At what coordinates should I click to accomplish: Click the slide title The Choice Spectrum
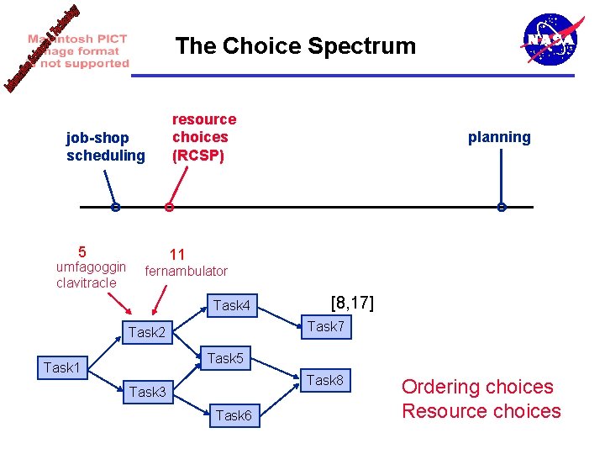[295, 46]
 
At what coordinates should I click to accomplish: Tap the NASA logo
[550, 40]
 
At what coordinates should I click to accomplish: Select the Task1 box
[62, 367]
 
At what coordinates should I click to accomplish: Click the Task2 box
[148, 333]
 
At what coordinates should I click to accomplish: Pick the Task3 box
[148, 391]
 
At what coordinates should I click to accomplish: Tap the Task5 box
[225, 358]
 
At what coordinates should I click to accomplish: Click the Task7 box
[325, 326]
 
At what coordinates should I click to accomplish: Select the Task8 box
[325, 380]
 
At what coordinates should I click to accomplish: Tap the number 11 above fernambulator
[177, 254]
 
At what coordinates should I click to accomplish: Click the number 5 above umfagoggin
[82, 251]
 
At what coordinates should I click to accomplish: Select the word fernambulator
[187, 271]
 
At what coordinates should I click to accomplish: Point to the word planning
[499, 137]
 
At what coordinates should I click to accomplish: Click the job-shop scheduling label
[106, 146]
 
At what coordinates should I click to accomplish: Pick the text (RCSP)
[198, 155]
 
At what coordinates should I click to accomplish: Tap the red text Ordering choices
[477, 387]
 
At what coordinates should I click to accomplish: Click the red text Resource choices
[481, 411]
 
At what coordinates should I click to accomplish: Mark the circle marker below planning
[501, 208]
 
